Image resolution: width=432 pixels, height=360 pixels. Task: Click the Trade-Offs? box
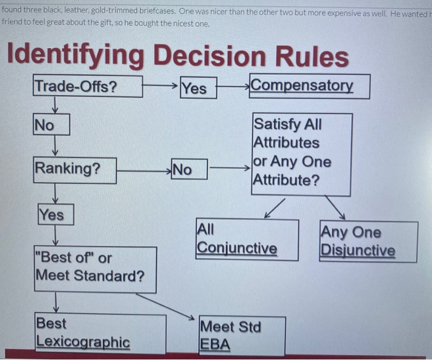(88, 86)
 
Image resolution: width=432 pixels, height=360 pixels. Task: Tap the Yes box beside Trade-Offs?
(197, 88)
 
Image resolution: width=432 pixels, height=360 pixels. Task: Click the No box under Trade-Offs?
(51, 125)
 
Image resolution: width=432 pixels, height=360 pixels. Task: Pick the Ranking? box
(75, 169)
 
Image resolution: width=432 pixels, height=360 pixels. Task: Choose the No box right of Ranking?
(188, 169)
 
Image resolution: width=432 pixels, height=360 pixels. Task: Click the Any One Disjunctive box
(368, 241)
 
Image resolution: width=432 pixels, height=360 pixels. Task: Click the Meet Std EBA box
(241, 335)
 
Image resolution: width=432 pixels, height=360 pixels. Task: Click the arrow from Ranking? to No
(143, 167)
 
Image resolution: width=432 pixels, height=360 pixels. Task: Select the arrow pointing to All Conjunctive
(275, 208)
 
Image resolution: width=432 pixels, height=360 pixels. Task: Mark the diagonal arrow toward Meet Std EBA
(166, 306)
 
